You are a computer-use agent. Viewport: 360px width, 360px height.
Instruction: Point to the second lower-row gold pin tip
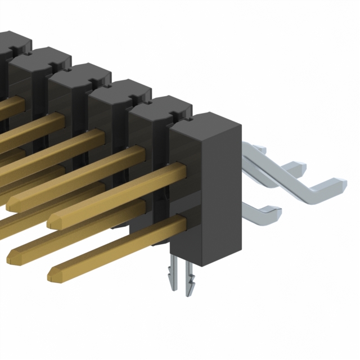pos(12,256)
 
